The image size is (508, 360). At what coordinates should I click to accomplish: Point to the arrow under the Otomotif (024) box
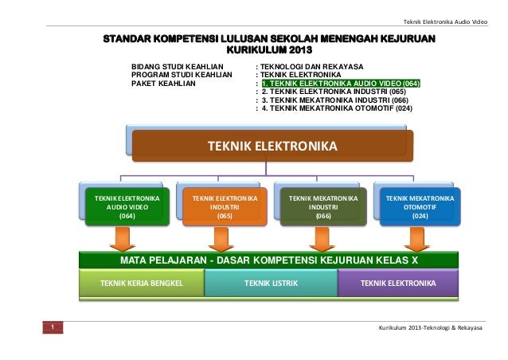(415, 237)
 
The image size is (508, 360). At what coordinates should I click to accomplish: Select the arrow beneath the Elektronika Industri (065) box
(220, 237)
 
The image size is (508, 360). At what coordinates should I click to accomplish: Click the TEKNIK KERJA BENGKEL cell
(141, 283)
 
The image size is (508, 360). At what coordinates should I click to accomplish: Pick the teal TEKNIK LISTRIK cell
(271, 283)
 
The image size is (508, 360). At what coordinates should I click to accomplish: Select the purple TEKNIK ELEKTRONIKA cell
(398, 283)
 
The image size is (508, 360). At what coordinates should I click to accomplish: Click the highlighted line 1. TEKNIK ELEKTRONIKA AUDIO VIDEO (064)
(341, 82)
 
